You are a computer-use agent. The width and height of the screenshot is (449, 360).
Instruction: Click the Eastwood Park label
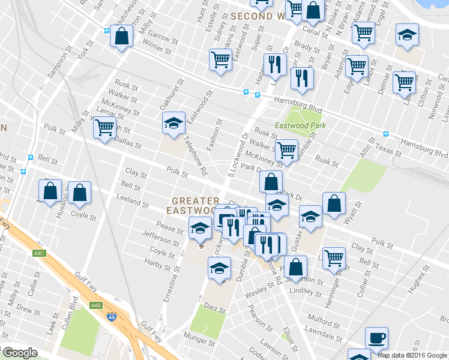point(300,125)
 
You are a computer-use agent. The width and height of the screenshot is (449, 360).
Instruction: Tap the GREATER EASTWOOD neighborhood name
point(193,205)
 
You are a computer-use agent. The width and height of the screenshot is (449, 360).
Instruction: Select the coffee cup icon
point(376,338)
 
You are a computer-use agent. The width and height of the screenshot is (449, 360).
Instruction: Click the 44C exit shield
point(40,254)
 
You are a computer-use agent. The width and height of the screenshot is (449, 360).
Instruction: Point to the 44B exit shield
point(96,305)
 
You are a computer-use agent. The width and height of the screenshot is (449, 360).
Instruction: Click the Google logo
point(20,353)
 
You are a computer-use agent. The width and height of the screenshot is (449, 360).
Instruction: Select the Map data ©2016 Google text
point(412,355)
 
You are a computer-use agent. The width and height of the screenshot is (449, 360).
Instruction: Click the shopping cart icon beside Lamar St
point(105,127)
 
